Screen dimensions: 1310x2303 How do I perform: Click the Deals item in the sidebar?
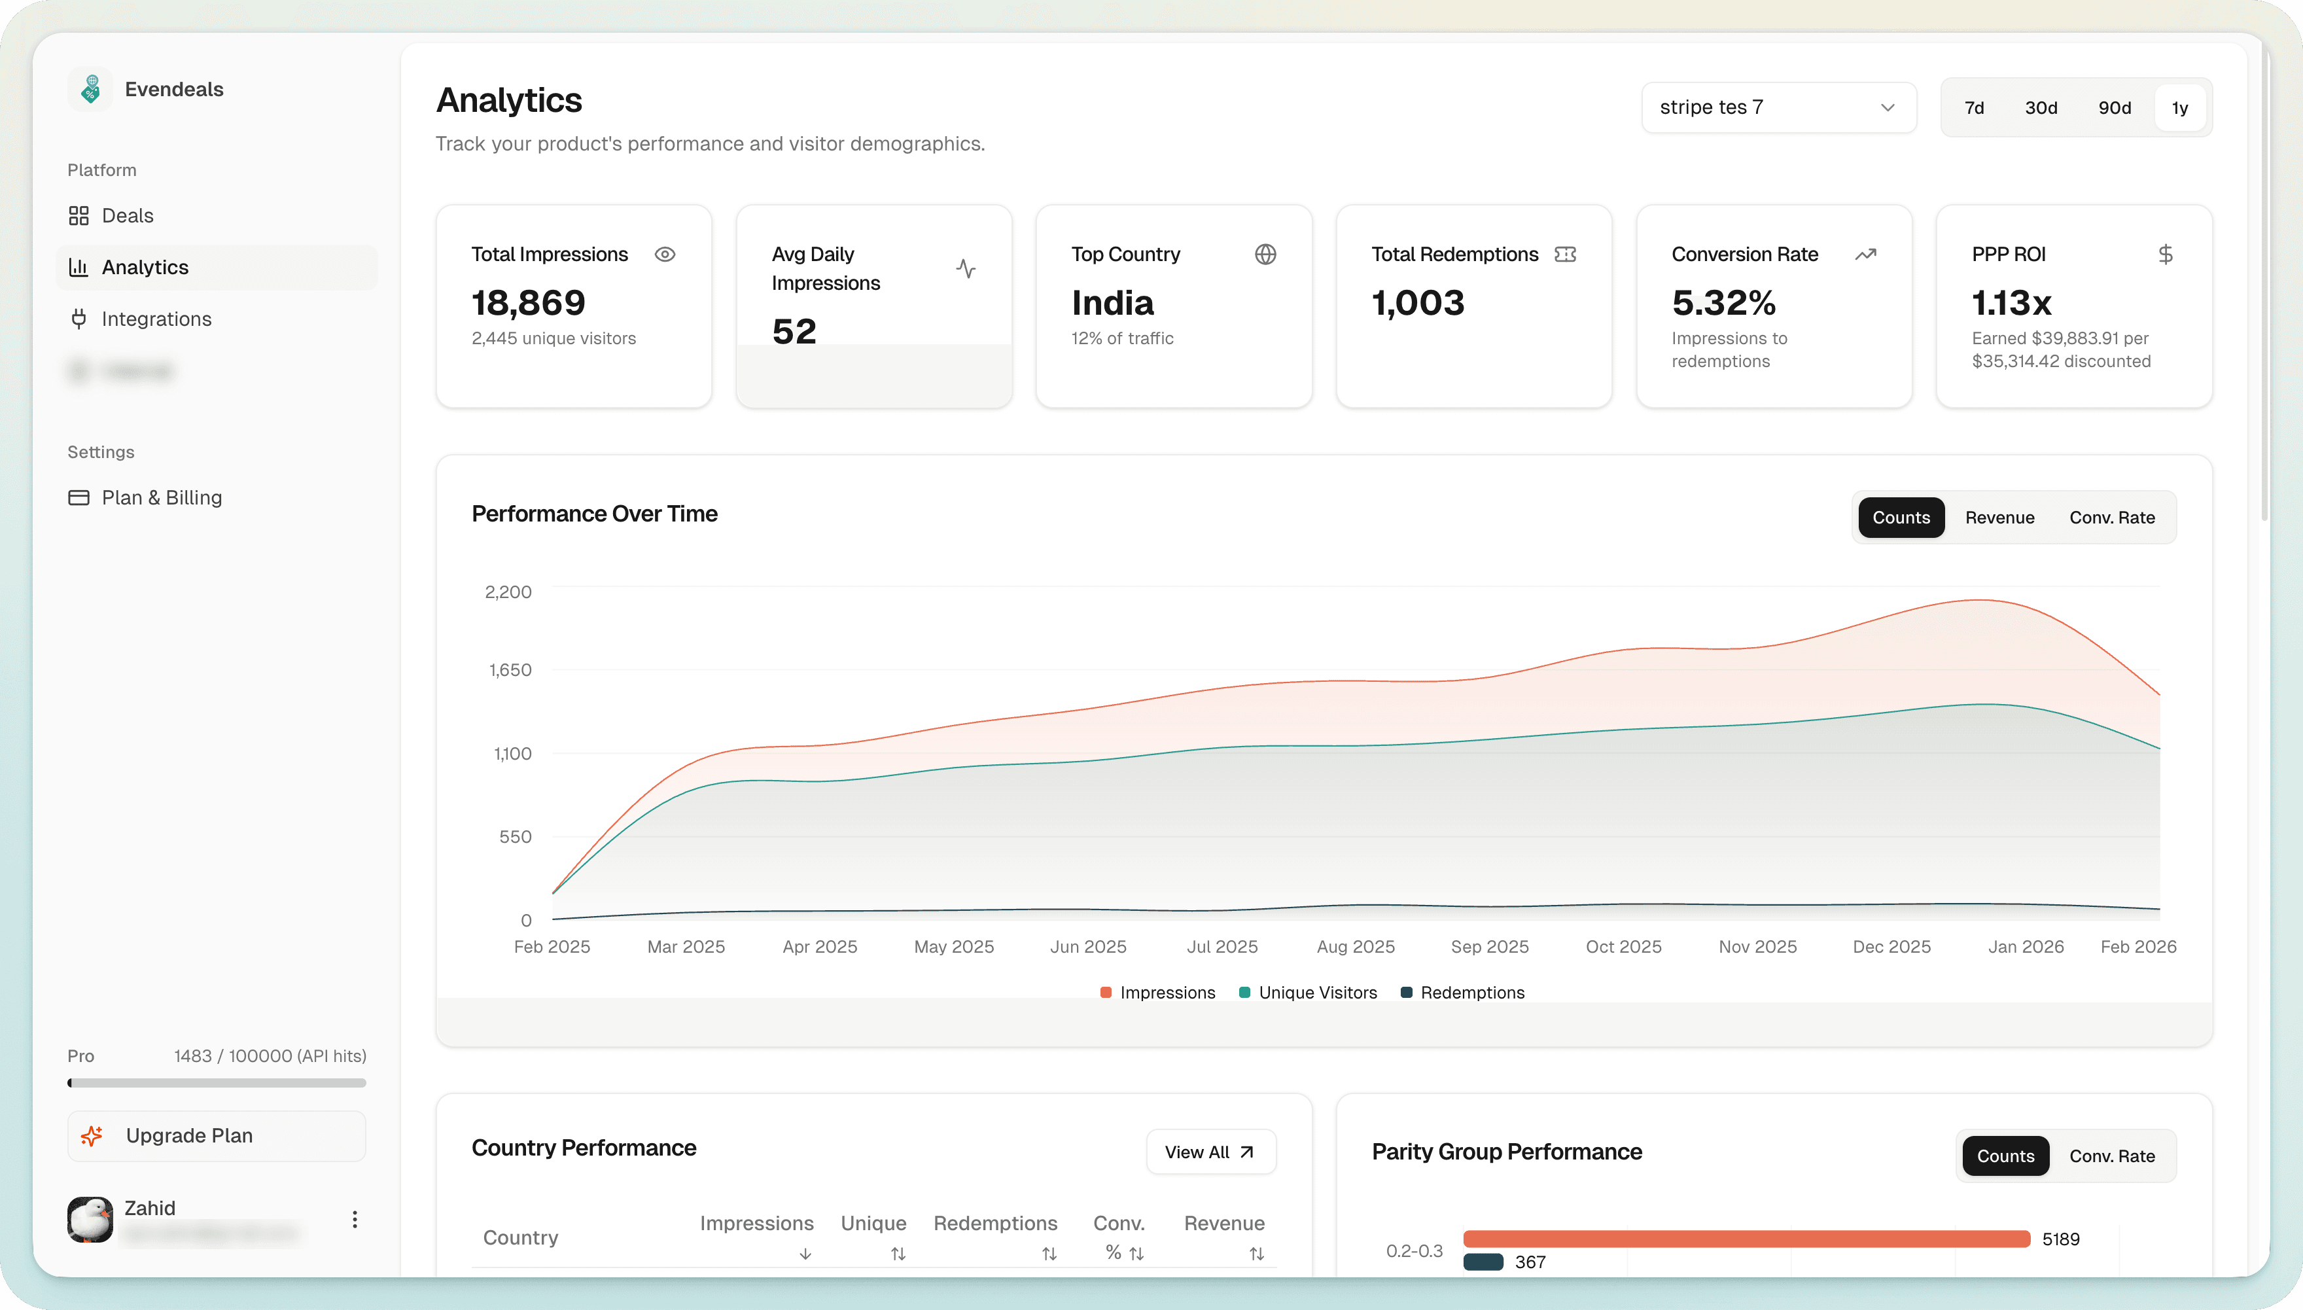[x=127, y=216]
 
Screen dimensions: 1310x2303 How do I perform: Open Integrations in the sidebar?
[x=156, y=319]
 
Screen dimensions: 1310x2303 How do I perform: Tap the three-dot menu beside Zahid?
[x=355, y=1219]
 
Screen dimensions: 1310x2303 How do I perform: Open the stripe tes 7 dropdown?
[x=1778, y=108]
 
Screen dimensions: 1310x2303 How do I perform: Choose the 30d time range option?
[x=2040, y=108]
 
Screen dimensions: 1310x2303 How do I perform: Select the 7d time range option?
[x=1974, y=108]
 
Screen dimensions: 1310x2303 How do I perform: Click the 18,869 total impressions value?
[x=528, y=303]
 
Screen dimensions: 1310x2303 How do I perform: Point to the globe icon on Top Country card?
[x=1265, y=255]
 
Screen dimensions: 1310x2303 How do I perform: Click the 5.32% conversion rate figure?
[x=1723, y=303]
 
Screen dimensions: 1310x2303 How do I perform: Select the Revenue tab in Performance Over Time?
[x=1999, y=518]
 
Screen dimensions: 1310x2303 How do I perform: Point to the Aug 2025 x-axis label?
[x=1355, y=946]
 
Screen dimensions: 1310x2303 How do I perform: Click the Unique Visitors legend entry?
[x=1317, y=993]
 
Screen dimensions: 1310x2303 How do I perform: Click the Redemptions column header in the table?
[x=995, y=1224]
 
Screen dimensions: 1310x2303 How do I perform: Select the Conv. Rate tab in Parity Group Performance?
[x=2111, y=1156]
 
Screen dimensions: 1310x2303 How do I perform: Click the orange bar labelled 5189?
[x=1746, y=1239]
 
